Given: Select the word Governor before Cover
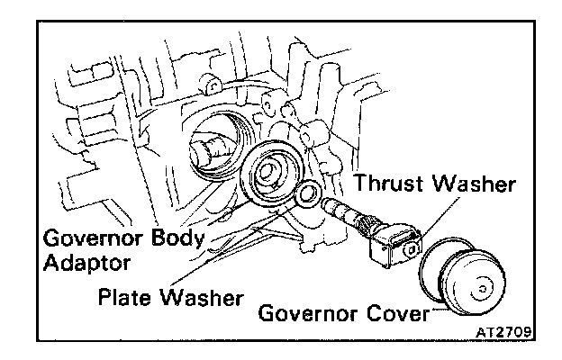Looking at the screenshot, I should [303, 315].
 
